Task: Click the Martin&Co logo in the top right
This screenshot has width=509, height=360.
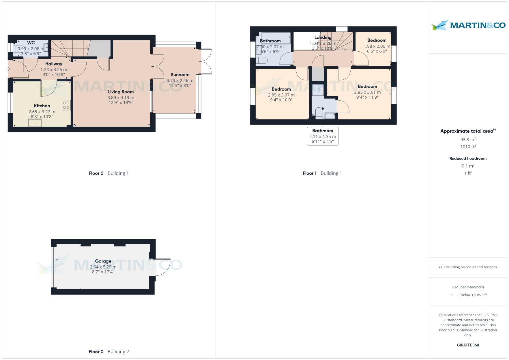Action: click(468, 25)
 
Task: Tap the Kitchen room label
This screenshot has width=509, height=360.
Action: click(42, 106)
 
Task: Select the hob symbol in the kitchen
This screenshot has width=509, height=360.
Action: click(66, 105)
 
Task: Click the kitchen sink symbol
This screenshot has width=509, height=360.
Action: click(35, 123)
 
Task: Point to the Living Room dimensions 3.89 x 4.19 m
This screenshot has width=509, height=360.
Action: click(121, 98)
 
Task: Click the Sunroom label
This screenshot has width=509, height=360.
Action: click(180, 75)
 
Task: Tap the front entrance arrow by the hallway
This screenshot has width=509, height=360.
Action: click(8, 69)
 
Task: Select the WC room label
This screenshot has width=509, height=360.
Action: click(31, 43)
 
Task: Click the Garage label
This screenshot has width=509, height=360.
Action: click(103, 261)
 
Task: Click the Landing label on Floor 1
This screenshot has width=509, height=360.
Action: click(323, 37)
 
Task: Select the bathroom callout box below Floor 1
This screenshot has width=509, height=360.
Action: click(323, 136)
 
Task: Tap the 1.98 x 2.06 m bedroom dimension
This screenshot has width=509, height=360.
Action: click(377, 46)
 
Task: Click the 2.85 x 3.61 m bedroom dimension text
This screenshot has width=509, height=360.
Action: click(367, 92)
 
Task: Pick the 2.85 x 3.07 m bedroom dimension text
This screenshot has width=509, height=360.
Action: click(281, 95)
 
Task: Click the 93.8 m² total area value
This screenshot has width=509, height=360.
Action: click(468, 140)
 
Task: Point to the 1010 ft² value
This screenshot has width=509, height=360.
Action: click(468, 147)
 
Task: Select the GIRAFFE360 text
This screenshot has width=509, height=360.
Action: click(468, 345)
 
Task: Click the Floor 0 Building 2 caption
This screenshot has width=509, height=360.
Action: click(109, 351)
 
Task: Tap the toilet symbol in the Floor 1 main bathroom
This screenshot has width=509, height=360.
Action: click(262, 60)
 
